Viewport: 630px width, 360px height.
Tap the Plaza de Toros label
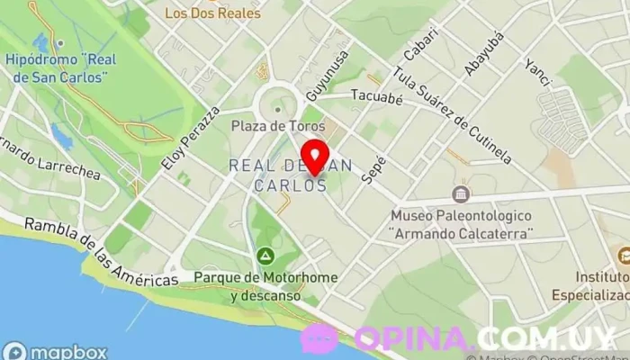click(x=277, y=126)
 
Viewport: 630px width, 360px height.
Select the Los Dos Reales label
click(x=213, y=13)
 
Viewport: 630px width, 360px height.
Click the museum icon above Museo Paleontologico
click(x=462, y=194)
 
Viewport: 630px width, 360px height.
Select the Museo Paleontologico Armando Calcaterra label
click(x=462, y=225)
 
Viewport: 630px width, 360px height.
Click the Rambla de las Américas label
click(x=101, y=254)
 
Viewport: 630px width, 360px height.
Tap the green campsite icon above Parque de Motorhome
click(x=265, y=256)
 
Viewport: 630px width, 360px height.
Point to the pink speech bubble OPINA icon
click(x=319, y=338)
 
